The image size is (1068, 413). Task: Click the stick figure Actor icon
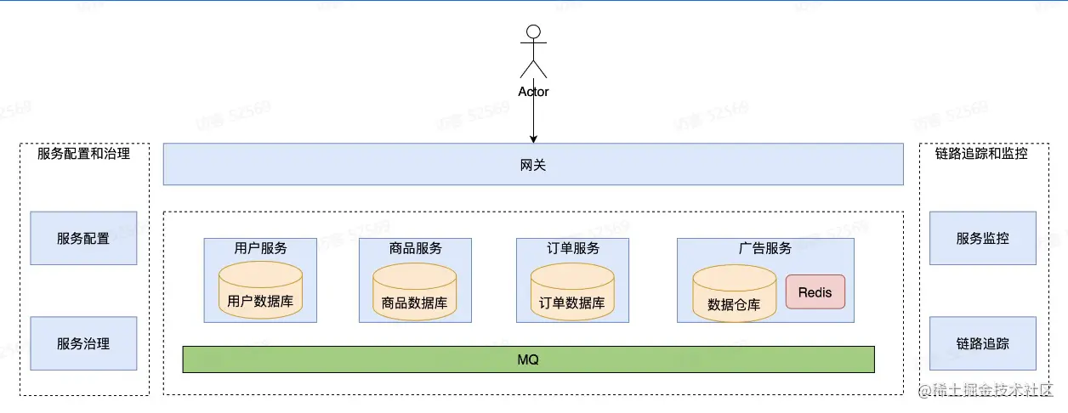[x=533, y=53]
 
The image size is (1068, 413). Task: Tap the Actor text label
[x=533, y=92]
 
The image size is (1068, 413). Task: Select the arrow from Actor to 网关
[x=533, y=119]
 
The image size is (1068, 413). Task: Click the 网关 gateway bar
[x=532, y=165]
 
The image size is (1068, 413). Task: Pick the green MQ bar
[x=528, y=359]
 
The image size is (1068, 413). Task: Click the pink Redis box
[x=815, y=292]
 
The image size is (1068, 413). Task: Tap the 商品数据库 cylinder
[x=415, y=293]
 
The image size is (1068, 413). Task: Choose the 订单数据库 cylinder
[x=572, y=293]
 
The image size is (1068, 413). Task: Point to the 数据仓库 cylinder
[x=734, y=294]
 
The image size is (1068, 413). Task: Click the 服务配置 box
[x=83, y=239]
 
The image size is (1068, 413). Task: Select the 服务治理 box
[x=83, y=343]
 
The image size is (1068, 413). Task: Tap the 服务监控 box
[x=982, y=239]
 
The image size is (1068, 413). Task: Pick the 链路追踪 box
[x=982, y=343]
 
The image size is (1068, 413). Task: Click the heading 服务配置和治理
[x=83, y=154]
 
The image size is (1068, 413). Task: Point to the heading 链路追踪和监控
[x=981, y=154]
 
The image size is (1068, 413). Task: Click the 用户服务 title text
[x=260, y=248]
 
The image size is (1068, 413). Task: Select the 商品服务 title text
[x=415, y=248]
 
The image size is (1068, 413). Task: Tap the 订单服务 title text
[x=572, y=248]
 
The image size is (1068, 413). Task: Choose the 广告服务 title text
[x=765, y=248]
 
